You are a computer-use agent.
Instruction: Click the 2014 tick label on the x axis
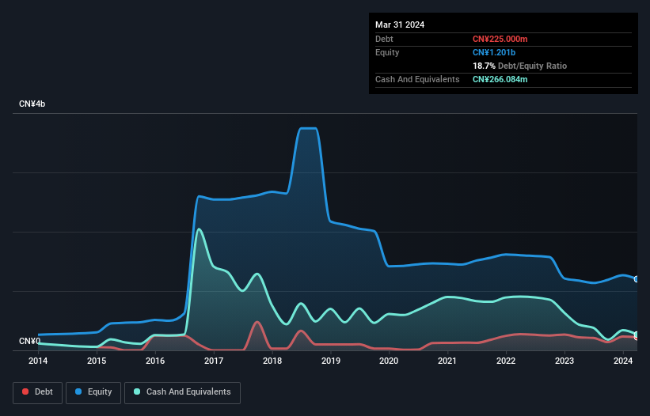[x=38, y=361]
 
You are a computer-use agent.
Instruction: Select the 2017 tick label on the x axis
[x=214, y=361]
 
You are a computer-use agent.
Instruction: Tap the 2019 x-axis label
[x=331, y=361]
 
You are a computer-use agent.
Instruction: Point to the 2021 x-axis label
[x=447, y=361]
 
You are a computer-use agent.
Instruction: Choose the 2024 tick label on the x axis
[x=623, y=361]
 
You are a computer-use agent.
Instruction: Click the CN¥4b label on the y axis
[x=32, y=104]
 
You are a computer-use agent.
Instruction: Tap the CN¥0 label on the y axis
[x=29, y=342]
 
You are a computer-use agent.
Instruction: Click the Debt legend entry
[x=38, y=392]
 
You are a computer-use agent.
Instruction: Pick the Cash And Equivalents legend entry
[x=182, y=392]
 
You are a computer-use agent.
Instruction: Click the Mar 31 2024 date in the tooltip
[x=400, y=25]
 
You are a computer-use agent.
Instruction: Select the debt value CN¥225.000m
[x=500, y=39]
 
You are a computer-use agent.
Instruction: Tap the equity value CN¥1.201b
[x=494, y=52]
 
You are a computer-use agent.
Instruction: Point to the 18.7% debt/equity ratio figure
[x=486, y=66]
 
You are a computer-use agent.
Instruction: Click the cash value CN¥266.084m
[x=500, y=79]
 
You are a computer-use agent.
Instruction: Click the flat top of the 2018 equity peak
[x=307, y=128]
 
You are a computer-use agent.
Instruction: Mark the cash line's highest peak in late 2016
[x=199, y=229]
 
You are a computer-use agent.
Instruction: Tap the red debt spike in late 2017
[x=257, y=322]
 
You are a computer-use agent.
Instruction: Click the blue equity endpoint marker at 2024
[x=636, y=279]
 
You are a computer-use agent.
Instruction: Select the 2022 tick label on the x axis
[x=506, y=361]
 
